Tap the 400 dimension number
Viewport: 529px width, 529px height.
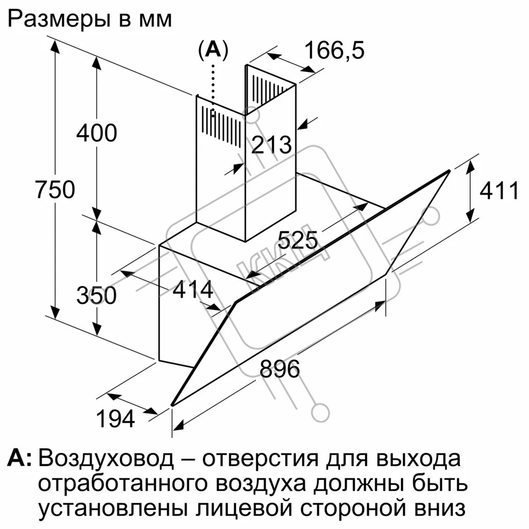(96, 133)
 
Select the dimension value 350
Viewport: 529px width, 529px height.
(96, 296)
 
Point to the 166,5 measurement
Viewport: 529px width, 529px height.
(334, 51)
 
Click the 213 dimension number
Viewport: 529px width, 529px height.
(271, 145)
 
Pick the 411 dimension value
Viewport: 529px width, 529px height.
(499, 190)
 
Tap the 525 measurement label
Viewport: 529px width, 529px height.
(297, 240)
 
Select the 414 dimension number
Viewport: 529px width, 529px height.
(193, 289)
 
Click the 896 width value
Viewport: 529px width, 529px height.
(280, 368)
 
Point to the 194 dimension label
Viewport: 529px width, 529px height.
(115, 419)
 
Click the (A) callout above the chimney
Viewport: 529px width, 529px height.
(213, 50)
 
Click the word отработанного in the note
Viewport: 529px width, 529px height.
(122, 484)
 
